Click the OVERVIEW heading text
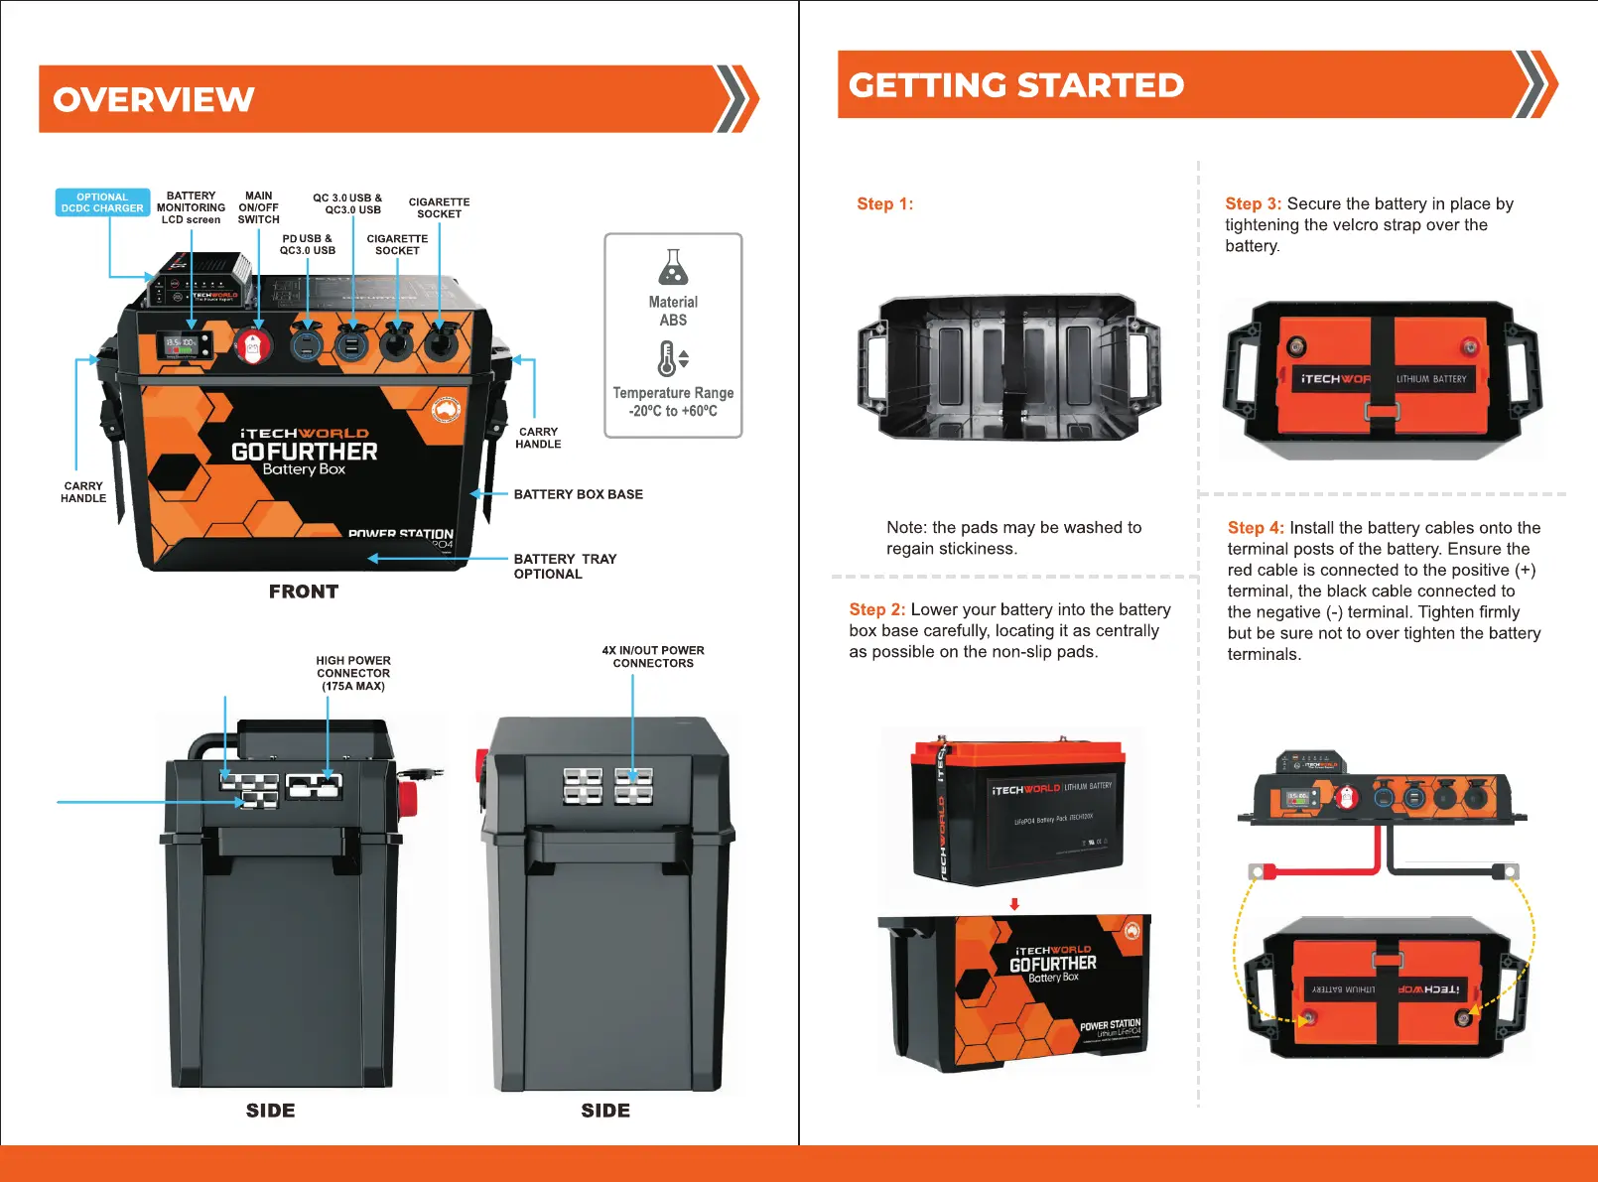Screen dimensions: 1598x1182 [154, 99]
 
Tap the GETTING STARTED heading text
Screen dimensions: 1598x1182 [1015, 85]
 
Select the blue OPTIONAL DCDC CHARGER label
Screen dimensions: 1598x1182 [102, 202]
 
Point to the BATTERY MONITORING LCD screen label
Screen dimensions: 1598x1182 [191, 207]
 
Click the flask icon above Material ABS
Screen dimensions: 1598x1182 [673, 267]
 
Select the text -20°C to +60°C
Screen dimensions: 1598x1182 [673, 411]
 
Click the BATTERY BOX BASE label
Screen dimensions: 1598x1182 [578, 494]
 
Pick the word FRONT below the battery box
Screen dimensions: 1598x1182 [304, 591]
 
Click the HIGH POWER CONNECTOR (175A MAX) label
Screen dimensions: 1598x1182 [353, 673]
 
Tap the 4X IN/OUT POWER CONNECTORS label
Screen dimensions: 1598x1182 [653, 657]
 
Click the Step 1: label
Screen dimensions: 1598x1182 [884, 204]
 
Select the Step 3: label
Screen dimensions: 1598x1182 [1253, 203]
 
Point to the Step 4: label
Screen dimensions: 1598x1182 [1256, 528]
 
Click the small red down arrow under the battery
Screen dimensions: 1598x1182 [1014, 904]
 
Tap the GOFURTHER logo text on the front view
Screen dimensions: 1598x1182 [304, 452]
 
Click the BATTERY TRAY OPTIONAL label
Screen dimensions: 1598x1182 [565, 567]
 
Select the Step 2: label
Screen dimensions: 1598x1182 [876, 609]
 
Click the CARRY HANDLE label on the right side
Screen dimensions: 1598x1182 [538, 438]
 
